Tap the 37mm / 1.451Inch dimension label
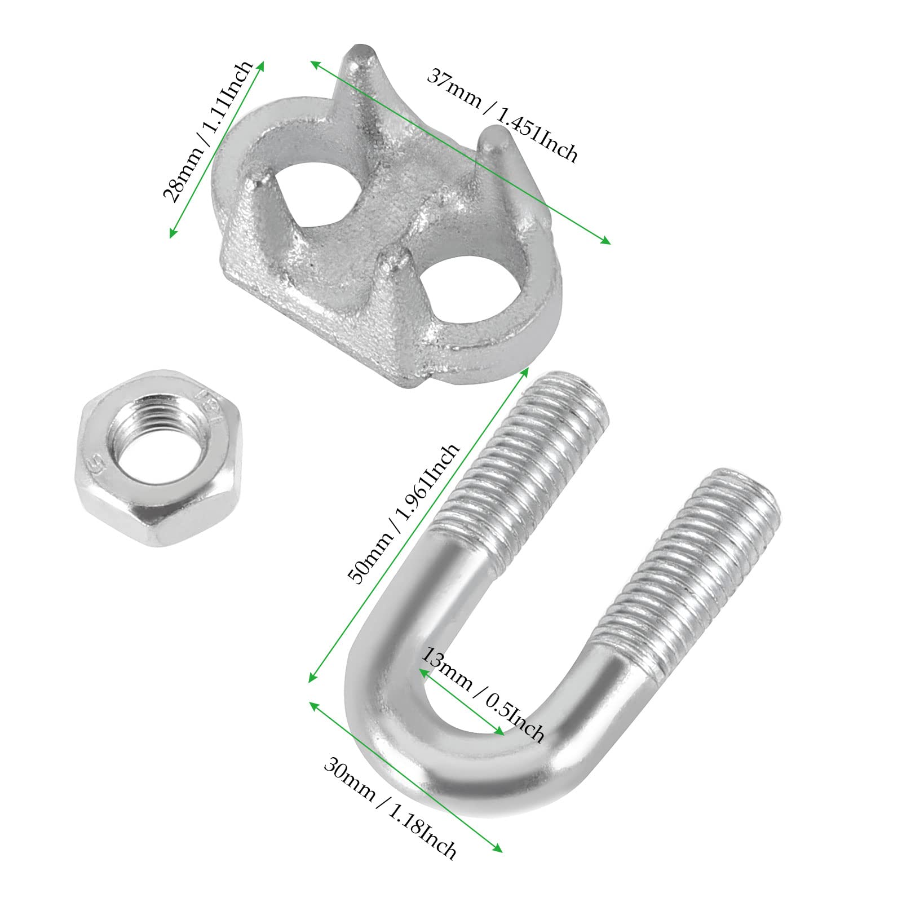point(502,115)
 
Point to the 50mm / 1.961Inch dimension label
point(404,514)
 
